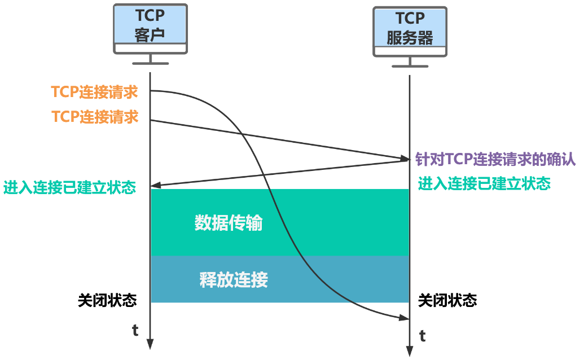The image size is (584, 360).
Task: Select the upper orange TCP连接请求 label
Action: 94,92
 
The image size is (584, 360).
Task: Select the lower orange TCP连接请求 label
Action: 95,117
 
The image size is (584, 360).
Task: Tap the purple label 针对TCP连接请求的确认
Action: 495,160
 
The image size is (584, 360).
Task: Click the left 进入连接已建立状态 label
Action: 69,187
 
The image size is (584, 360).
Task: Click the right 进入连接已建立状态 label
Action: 484,183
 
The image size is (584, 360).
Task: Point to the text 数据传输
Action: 229,223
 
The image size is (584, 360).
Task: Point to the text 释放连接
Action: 234,279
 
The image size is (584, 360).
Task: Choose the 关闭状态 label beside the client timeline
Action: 107,300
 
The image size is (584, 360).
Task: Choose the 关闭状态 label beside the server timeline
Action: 447,300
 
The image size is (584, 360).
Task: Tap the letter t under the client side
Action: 135,331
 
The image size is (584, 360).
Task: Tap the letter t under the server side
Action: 423,336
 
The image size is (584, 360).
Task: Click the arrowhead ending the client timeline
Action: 150,343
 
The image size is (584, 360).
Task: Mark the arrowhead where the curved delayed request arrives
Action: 404,319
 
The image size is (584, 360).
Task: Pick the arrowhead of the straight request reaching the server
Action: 404,158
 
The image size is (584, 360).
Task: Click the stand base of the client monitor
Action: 150,63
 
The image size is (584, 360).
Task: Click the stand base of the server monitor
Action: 410,66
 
